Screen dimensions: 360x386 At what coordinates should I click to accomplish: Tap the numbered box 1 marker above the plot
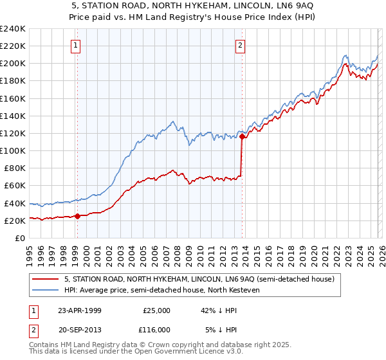coord(77,45)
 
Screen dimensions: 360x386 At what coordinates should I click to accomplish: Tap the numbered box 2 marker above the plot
coord(240,45)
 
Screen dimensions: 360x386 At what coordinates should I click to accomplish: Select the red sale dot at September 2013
coord(242,136)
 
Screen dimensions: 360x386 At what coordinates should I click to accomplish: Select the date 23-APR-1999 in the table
coord(79,310)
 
